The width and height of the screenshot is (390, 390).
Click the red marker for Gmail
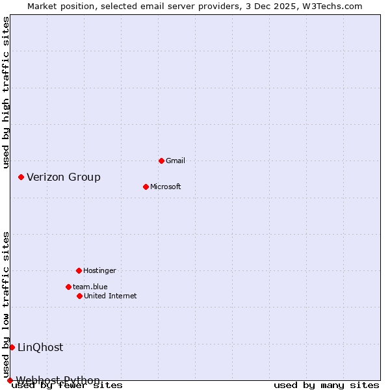[161, 161]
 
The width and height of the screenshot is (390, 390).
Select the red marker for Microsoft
[146, 187]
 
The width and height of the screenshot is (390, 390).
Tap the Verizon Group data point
[21, 177]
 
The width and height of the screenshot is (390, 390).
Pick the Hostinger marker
[79, 270]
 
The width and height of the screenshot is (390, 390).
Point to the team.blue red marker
[68, 287]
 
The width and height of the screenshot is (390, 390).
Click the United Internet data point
[79, 296]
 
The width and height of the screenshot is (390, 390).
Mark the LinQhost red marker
[12, 347]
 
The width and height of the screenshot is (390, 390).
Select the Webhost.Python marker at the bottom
[10, 380]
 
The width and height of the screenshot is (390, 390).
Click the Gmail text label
[175, 161]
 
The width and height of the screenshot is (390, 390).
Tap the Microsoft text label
[166, 187]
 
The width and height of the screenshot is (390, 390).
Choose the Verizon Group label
[64, 177]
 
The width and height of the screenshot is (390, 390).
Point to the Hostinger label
[99, 270]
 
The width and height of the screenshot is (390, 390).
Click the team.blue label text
[90, 287]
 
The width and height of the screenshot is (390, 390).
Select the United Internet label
[110, 296]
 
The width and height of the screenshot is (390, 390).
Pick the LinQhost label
[40, 347]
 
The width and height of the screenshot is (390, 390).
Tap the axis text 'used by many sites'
[326, 385]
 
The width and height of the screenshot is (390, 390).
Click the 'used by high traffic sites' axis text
[6, 92]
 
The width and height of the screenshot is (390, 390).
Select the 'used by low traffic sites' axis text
[6, 304]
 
